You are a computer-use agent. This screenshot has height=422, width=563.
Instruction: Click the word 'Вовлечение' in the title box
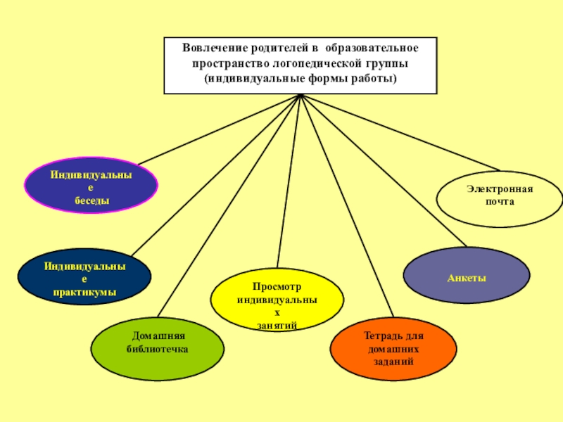pos(210,49)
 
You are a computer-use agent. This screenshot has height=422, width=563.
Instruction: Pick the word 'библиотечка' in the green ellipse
pos(158,350)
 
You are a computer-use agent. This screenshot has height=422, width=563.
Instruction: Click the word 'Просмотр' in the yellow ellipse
pos(277,288)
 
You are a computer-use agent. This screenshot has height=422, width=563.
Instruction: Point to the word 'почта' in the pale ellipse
pos(500,202)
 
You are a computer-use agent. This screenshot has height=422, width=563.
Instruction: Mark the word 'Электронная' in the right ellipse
pos(500,190)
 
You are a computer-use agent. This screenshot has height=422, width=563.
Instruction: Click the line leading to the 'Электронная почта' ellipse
pos(401,133)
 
